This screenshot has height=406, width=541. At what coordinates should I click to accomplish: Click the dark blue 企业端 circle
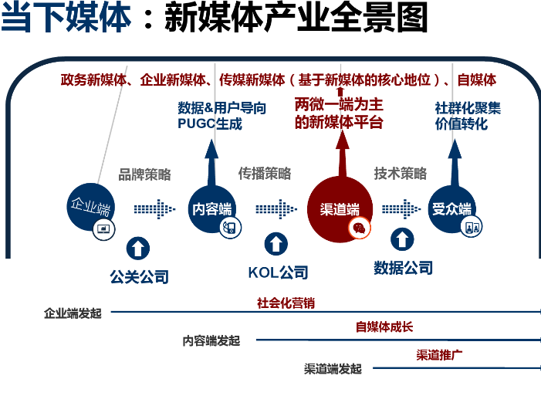point(90,207)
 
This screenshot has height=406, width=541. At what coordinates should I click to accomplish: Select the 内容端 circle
point(211,209)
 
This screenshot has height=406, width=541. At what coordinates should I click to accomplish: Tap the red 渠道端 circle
point(340,209)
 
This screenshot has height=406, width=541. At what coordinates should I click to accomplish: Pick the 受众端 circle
point(451,209)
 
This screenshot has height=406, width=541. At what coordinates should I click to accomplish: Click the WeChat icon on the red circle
point(359,228)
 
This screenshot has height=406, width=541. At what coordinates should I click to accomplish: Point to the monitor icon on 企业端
point(103,229)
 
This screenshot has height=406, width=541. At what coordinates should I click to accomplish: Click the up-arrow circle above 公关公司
point(138,249)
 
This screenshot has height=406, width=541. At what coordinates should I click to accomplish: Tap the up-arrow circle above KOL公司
point(276,244)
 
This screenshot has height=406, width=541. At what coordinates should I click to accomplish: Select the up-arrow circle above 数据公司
point(402,239)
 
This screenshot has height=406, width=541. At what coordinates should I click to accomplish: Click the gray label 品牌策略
point(144,174)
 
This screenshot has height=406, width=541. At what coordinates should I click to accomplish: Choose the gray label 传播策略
point(265,173)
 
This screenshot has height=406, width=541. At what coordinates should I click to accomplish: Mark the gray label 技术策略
point(401,173)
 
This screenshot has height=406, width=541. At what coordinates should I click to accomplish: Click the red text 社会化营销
point(286,303)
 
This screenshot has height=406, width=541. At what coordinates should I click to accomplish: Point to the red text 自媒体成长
point(384,326)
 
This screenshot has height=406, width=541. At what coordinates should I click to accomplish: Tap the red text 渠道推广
point(439,354)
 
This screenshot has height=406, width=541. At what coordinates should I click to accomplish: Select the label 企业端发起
point(73,313)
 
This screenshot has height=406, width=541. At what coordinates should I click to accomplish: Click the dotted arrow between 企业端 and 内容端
point(154,209)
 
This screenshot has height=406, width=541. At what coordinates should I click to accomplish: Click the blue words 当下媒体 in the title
point(66,16)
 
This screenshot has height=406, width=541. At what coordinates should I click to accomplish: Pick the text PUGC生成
point(210,123)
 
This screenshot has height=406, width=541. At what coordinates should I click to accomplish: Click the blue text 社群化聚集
point(468,108)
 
